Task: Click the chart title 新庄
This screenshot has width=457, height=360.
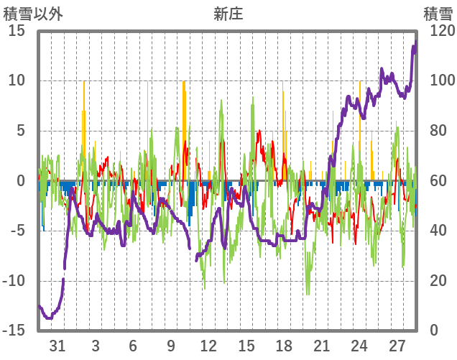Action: coord(228,14)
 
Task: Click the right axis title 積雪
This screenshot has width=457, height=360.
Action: coord(437,14)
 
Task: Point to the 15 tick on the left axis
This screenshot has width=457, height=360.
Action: coord(17,31)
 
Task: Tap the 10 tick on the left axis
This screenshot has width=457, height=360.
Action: coord(17,80)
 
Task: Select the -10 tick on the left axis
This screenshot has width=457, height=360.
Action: coord(14,281)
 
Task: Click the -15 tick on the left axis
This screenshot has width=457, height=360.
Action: coord(14,331)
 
